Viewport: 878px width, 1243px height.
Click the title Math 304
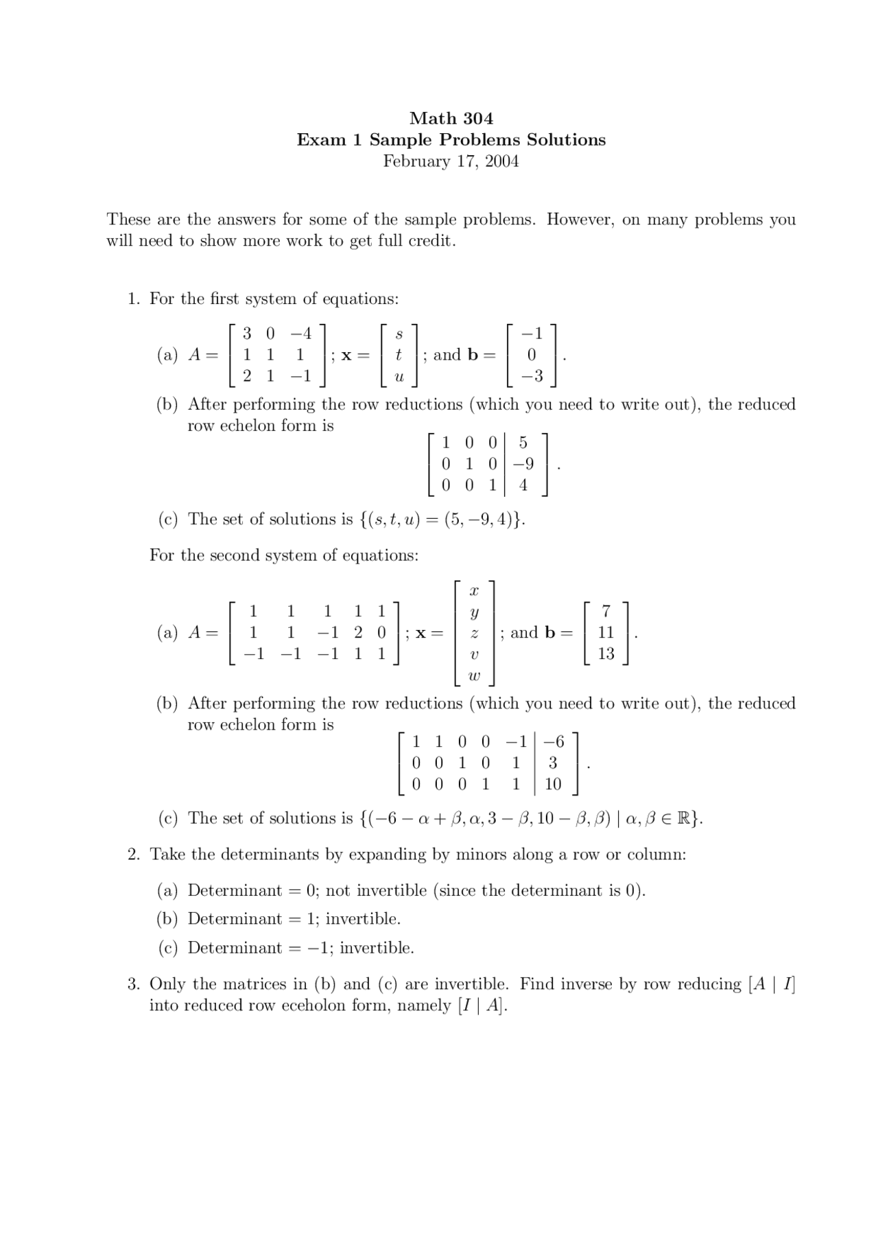click(451, 118)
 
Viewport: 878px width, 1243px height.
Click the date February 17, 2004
click(451, 161)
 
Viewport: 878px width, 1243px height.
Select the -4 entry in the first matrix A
click(300, 334)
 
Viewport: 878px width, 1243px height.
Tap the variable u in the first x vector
click(399, 377)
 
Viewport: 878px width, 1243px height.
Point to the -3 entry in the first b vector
click(531, 376)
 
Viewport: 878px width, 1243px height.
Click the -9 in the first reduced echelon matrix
click(523, 464)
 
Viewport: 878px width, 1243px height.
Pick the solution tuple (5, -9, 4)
click(482, 520)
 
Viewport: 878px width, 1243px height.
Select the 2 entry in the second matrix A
click(358, 632)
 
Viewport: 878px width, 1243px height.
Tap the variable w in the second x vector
click(473, 676)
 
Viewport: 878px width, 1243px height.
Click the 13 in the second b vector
click(606, 653)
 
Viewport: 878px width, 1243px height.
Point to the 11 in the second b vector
click(606, 632)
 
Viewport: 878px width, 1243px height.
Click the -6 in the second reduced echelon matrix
click(554, 741)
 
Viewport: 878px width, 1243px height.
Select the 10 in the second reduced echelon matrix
click(553, 784)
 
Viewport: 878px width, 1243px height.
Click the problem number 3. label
click(134, 984)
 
